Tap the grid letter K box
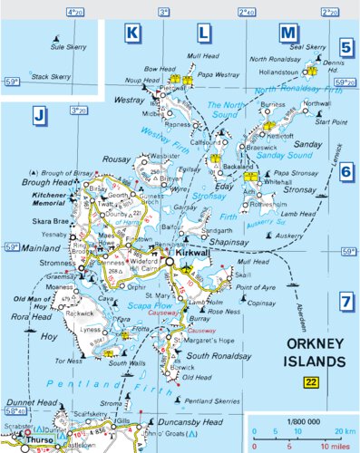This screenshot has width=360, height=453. tap(133, 34)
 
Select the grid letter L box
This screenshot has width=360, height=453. tap(204, 34)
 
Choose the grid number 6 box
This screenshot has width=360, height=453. tap(346, 174)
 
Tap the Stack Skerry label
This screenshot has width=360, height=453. tap(51, 78)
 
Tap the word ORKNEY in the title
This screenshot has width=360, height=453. tap(313, 344)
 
